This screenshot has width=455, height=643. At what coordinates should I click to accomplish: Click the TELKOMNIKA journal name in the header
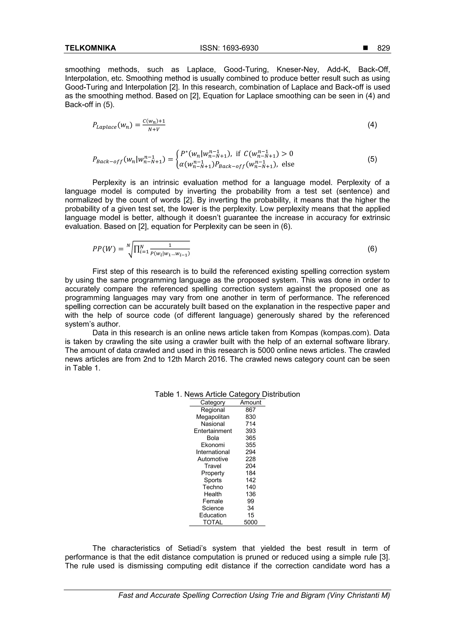point(90,48)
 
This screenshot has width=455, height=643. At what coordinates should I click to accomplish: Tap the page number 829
point(383,48)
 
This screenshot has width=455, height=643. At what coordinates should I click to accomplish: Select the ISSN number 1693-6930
point(229,48)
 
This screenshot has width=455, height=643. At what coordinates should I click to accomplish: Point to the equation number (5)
point(372,159)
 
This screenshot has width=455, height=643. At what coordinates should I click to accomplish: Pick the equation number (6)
point(372,249)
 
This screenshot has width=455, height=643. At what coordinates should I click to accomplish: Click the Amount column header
point(250,402)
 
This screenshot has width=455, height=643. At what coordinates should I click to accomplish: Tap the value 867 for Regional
point(250,410)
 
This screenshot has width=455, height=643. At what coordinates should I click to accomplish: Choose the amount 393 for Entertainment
point(250,431)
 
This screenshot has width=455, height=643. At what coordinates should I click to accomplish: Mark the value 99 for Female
point(250,501)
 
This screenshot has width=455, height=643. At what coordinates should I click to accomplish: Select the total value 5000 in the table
point(250,522)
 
